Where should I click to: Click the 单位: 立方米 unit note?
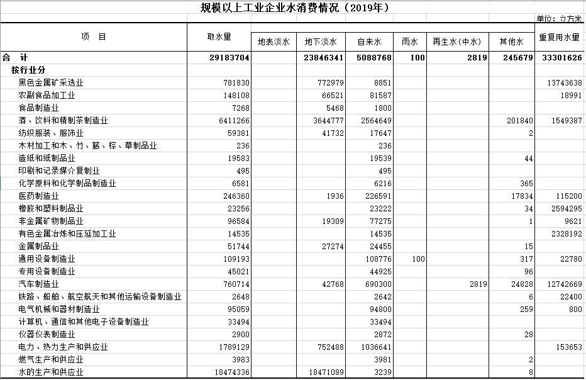pyautogui.click(x=560, y=19)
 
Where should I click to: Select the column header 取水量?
pyautogui.click(x=219, y=36)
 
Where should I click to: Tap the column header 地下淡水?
pyautogui.click(x=321, y=42)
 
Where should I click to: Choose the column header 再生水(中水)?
pyautogui.click(x=457, y=42)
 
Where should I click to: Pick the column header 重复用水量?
pyautogui.click(x=559, y=37)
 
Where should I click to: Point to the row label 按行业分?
pyautogui.click(x=28, y=70)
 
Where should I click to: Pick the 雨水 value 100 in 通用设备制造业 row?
pyautogui.click(x=418, y=259)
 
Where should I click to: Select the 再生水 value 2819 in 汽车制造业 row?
pyautogui.click(x=478, y=284)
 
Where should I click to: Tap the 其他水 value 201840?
pyautogui.click(x=520, y=120)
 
